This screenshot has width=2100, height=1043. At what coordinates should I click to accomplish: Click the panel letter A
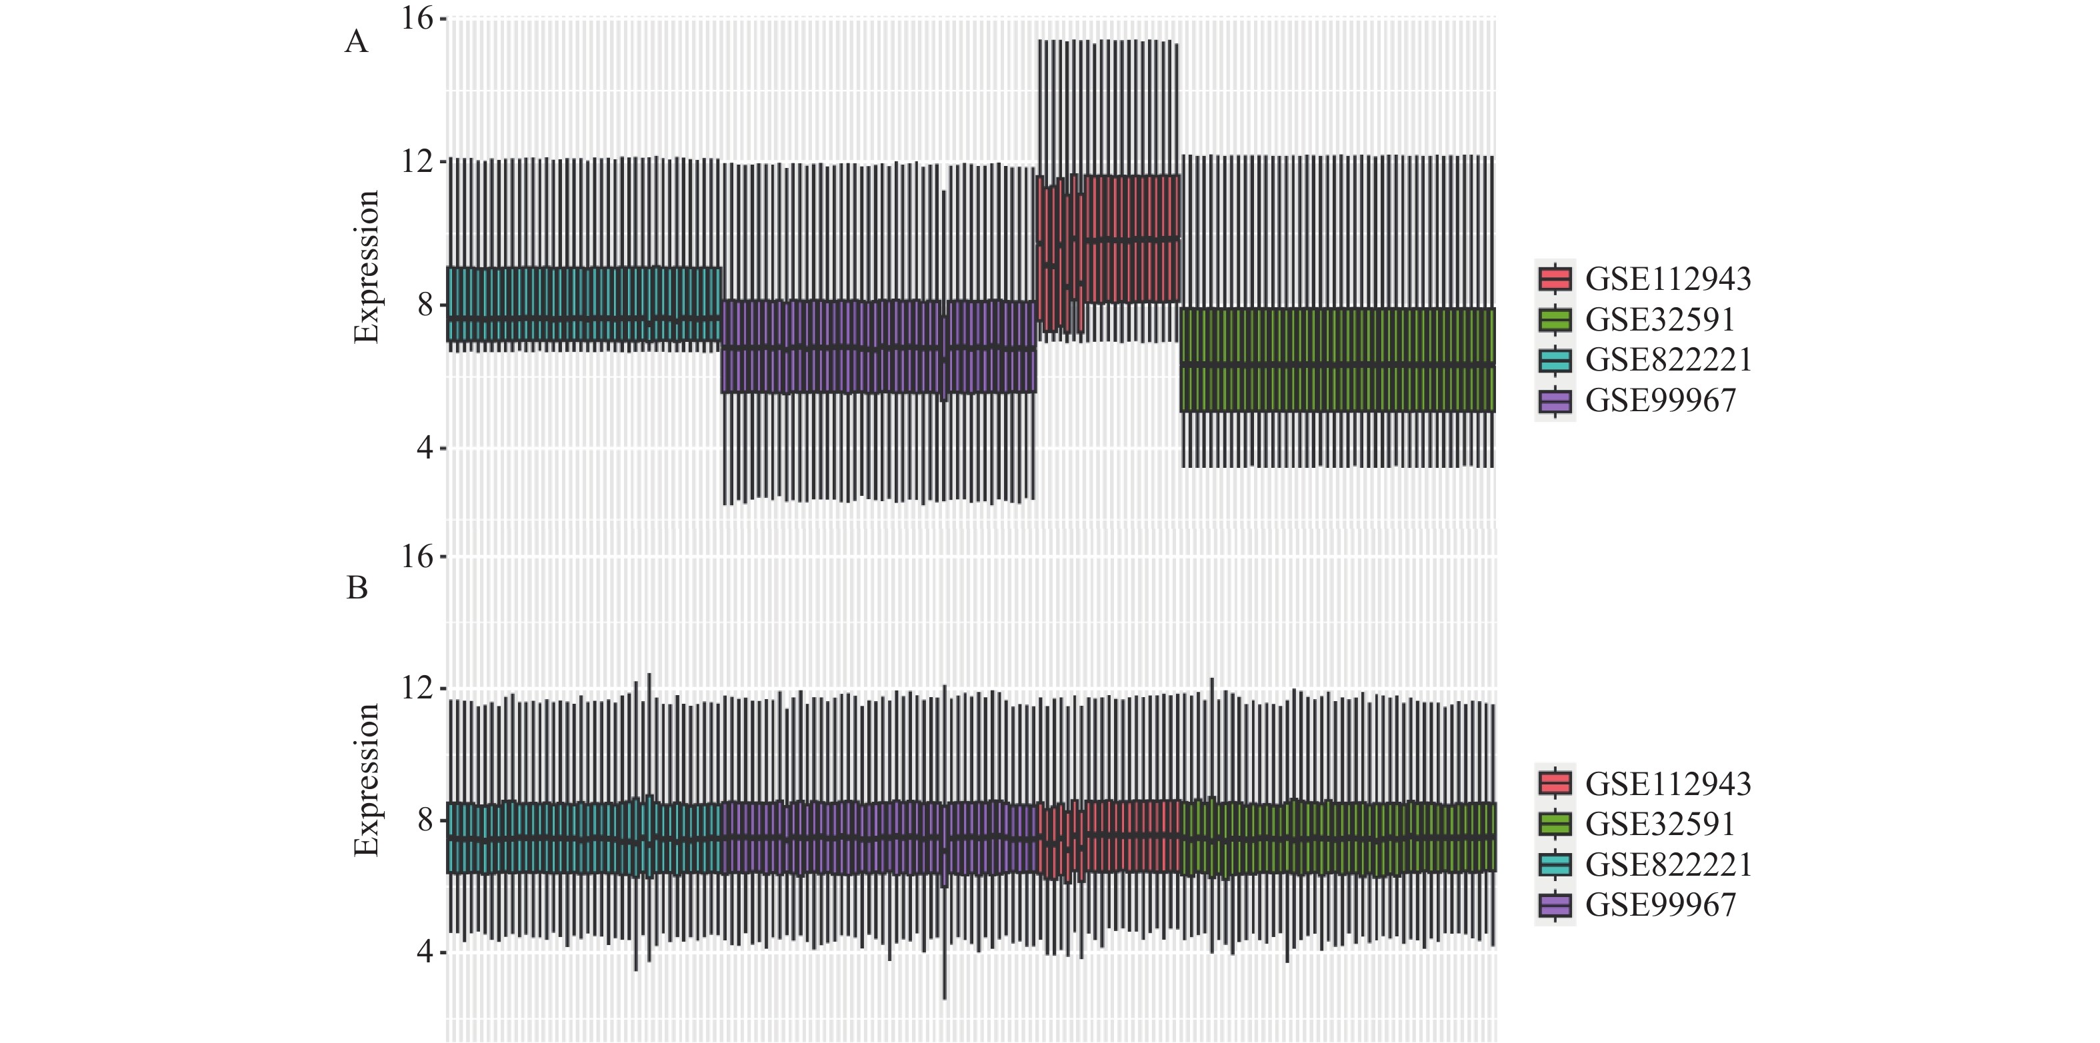pyautogui.click(x=356, y=41)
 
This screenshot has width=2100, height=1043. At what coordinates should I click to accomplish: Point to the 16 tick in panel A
pyautogui.click(x=417, y=19)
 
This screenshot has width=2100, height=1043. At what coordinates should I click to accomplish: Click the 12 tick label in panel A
pyautogui.click(x=417, y=161)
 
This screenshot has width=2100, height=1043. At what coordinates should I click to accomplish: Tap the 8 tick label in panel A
pyautogui.click(x=425, y=305)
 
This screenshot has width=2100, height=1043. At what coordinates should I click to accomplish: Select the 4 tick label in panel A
pyautogui.click(x=425, y=448)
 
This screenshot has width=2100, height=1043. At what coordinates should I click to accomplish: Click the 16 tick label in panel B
pyautogui.click(x=417, y=557)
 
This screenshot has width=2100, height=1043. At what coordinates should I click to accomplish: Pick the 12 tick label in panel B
pyautogui.click(x=417, y=688)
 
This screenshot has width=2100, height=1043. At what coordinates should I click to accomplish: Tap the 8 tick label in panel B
pyautogui.click(x=425, y=820)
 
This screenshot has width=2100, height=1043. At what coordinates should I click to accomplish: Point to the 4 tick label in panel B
pyautogui.click(x=425, y=952)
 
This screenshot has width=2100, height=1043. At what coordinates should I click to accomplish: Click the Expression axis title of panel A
pyautogui.click(x=366, y=267)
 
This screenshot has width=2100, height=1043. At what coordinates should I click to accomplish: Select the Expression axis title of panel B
pyautogui.click(x=366, y=780)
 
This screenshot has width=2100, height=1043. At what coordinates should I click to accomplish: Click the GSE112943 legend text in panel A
pyautogui.click(x=1668, y=279)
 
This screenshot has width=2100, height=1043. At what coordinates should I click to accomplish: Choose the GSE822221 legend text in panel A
pyautogui.click(x=1668, y=360)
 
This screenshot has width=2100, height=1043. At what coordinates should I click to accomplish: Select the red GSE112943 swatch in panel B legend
pyautogui.click(x=1555, y=784)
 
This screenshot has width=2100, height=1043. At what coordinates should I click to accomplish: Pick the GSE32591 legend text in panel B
pyautogui.click(x=1660, y=824)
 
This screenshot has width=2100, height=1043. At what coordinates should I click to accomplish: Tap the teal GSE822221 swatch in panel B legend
pyautogui.click(x=1555, y=864)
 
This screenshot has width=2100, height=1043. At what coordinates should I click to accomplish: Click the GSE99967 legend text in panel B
pyautogui.click(x=1661, y=905)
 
